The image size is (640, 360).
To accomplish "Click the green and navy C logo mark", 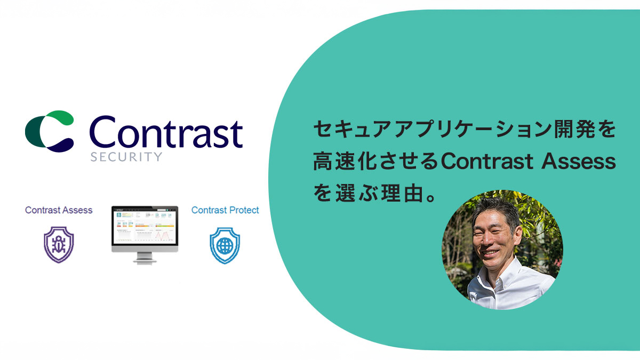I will click(49, 129).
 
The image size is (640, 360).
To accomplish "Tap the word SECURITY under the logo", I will click(126, 157).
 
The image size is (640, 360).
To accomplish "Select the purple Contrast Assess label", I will click(59, 210).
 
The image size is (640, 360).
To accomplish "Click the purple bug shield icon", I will click(59, 244).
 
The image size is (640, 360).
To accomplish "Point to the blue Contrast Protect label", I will click(225, 210).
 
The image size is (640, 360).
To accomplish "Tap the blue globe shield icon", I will click(225, 245).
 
